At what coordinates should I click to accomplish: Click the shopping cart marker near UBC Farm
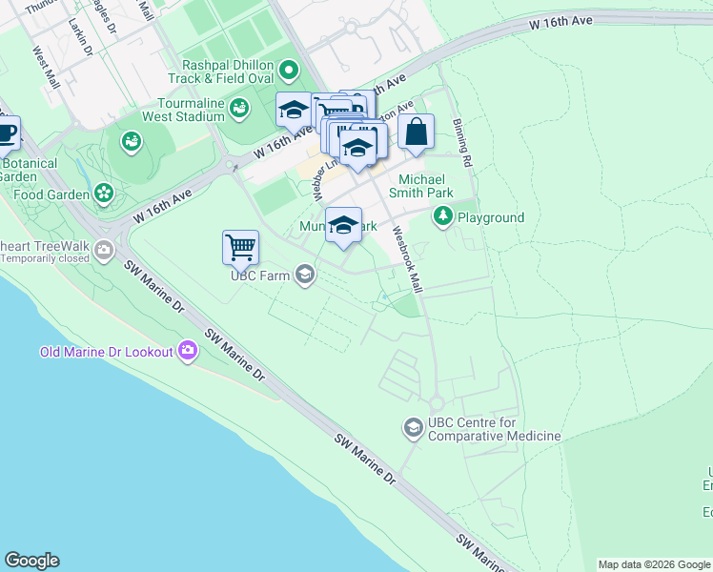[x=241, y=247]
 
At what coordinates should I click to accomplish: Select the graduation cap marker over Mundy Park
[x=344, y=225]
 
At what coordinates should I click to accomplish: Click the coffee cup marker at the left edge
[x=6, y=133]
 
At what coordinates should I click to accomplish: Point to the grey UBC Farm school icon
[x=305, y=276]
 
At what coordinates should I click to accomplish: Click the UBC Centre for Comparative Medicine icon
[x=413, y=427]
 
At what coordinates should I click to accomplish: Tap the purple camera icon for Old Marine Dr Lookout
[x=188, y=352]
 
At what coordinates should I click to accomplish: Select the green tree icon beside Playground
[x=443, y=218]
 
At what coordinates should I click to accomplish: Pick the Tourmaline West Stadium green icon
[x=239, y=110]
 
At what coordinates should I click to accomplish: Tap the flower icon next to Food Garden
[x=104, y=194]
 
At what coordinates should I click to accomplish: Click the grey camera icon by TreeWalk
[x=104, y=252]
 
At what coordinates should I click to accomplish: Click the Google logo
[x=31, y=561]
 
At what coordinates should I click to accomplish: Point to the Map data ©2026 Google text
[x=653, y=564]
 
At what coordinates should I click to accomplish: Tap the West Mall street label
[x=46, y=69]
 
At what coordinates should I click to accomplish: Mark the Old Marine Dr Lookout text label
[x=106, y=352]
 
